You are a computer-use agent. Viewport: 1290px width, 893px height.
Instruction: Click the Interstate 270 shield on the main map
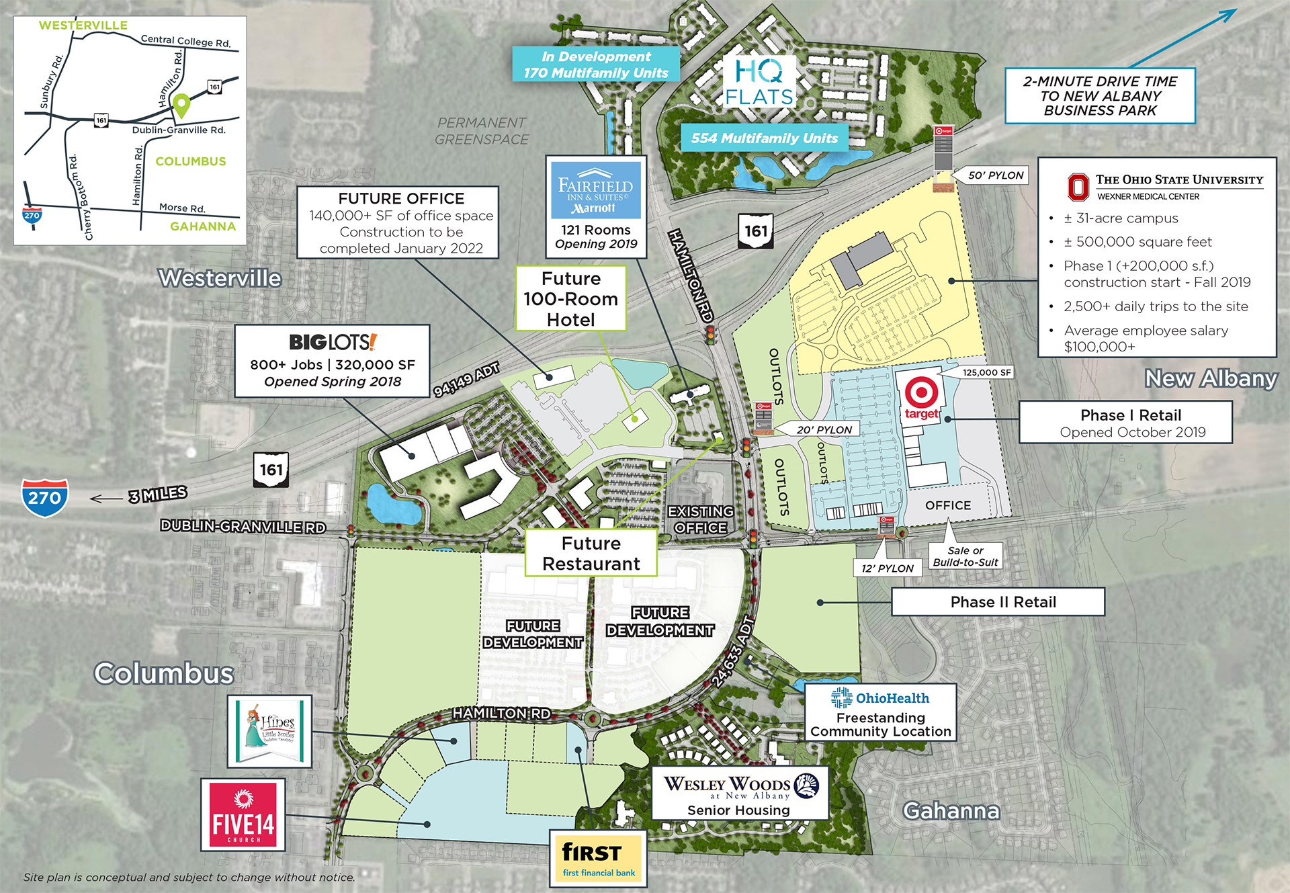44,497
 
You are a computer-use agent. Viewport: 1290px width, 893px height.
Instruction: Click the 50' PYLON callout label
995,175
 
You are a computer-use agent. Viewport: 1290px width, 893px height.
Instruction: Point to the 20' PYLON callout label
824,429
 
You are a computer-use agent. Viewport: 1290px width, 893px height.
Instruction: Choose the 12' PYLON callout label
887,568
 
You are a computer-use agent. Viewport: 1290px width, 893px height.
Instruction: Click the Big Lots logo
333,342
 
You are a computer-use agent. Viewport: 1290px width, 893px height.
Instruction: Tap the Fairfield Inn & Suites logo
596,189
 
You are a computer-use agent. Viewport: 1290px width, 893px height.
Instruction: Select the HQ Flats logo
759,83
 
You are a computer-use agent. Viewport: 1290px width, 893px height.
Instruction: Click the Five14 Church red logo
243,814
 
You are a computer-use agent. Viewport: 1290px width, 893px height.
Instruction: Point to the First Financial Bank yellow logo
598,858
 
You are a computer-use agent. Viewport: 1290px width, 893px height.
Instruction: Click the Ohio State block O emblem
1078,187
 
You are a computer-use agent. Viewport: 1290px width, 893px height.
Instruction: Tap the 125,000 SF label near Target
986,372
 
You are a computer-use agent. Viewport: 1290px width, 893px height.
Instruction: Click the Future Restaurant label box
591,553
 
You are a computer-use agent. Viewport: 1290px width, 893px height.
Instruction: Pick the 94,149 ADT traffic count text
466,379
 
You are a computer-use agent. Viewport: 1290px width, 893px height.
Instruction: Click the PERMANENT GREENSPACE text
482,131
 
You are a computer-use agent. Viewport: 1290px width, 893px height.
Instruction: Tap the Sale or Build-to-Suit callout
965,556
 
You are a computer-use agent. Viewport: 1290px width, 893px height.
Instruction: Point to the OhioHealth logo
879,698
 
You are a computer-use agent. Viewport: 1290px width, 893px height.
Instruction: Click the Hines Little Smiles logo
269,731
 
